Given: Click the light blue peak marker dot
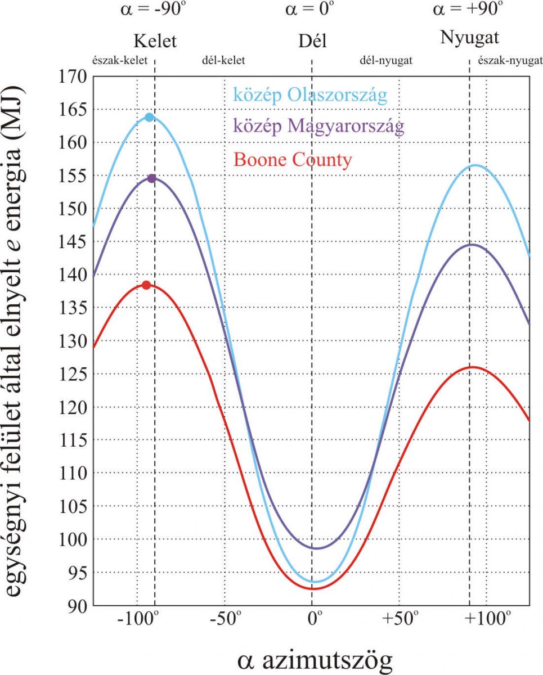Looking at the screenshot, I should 149,117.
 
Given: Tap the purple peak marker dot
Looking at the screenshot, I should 151,178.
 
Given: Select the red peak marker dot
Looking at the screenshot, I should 146,285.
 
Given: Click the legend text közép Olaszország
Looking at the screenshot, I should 311,95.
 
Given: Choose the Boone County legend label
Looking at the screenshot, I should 293,160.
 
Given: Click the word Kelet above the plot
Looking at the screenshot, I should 155,41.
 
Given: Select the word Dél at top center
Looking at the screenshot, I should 312,41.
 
